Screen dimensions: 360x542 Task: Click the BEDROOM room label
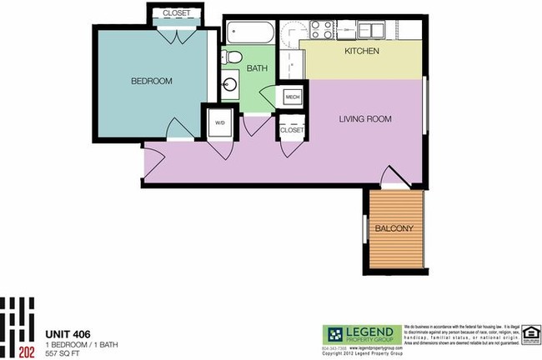(x=152, y=81)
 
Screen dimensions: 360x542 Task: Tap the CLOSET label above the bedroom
(x=175, y=13)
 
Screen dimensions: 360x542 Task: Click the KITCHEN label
(x=362, y=52)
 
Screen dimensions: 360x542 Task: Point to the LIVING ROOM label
(x=364, y=119)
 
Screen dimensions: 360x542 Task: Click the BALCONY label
(x=394, y=227)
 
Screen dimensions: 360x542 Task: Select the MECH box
(x=292, y=97)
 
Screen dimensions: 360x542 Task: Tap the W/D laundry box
(x=220, y=122)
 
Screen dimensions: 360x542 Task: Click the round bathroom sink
(x=230, y=84)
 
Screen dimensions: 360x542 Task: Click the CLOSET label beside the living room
(x=292, y=130)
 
